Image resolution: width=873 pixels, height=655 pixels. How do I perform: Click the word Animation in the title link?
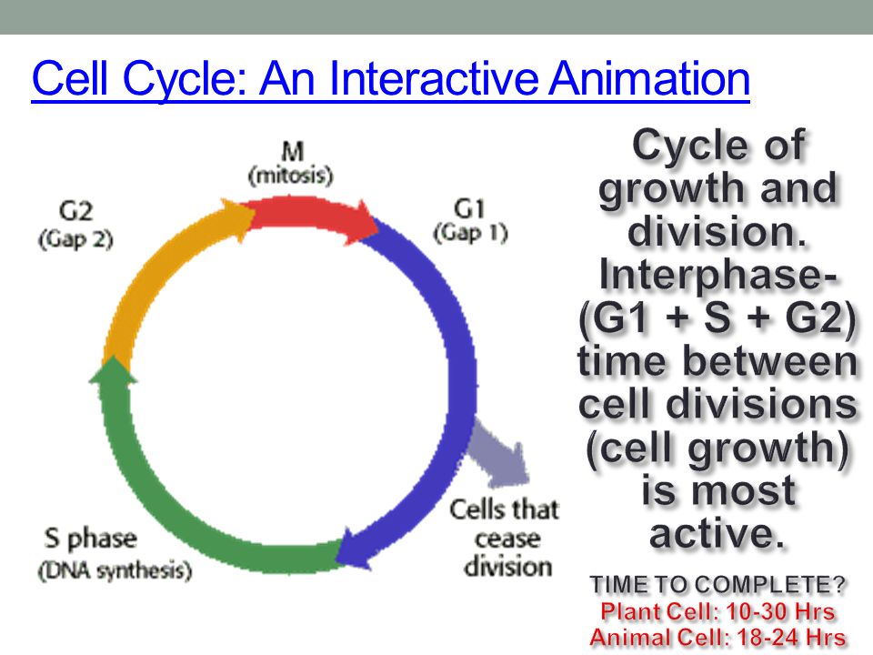click(x=649, y=78)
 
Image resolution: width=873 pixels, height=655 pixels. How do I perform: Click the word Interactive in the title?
click(x=434, y=78)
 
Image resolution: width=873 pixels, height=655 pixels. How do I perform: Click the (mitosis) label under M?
click(x=291, y=176)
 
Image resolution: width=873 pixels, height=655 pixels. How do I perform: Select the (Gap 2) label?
click(x=75, y=239)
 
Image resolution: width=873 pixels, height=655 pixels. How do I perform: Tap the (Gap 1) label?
click(x=470, y=233)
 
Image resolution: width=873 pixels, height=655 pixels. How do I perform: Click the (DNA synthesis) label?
click(x=115, y=571)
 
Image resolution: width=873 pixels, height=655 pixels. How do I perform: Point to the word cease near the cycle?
click(x=507, y=539)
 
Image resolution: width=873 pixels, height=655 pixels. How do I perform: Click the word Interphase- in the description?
click(x=718, y=275)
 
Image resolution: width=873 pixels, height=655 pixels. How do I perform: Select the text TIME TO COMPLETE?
click(x=718, y=585)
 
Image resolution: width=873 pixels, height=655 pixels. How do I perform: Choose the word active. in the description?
click(x=717, y=534)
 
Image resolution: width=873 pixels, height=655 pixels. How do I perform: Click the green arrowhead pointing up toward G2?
click(x=113, y=370)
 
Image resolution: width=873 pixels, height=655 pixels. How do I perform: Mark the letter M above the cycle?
click(x=293, y=152)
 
